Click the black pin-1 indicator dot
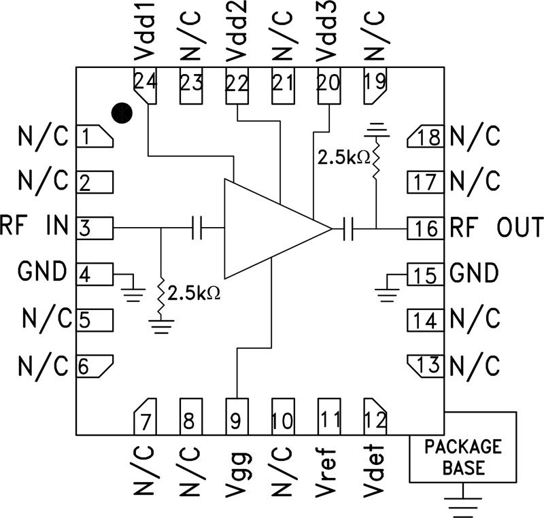[121, 114]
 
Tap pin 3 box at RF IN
[95, 228]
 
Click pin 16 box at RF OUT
[425, 228]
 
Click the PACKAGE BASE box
[462, 457]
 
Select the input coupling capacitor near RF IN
[198, 228]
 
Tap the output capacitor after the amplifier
[350, 229]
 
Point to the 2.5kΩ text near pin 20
[343, 157]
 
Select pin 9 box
[236, 417]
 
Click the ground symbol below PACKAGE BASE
[462, 504]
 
